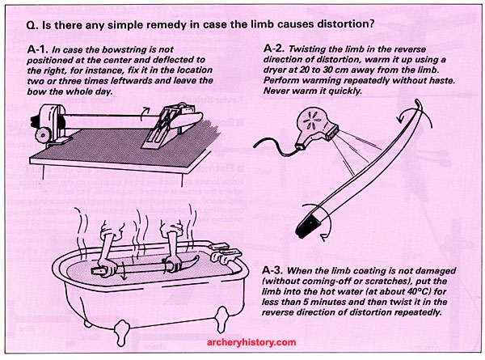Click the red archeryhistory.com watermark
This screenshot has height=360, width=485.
point(251,342)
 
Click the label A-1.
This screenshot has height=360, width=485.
point(38,49)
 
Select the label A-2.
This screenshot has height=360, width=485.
point(274,49)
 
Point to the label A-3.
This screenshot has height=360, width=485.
point(272,270)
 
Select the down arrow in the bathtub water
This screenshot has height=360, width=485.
point(124,270)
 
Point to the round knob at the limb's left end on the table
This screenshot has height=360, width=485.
point(43,134)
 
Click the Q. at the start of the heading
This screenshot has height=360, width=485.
point(32,24)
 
